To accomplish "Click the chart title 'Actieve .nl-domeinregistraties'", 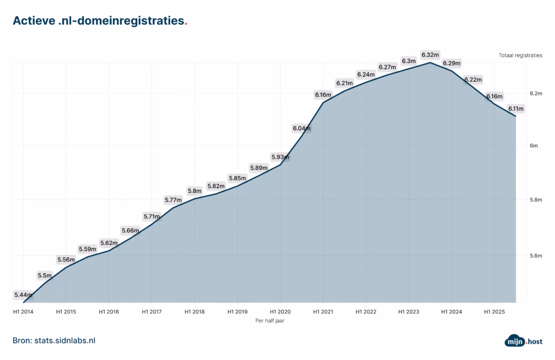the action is click(99, 21).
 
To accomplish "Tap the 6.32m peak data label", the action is click(430, 55).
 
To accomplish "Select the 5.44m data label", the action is click(23, 295).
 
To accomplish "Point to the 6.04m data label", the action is click(301, 128).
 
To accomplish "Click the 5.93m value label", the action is click(280, 157).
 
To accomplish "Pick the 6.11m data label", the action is click(516, 108).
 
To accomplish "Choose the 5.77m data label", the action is click(173, 200).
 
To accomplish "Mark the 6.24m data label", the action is click(366, 74).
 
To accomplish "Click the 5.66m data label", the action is click(130, 230).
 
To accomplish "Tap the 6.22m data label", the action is click(473, 80).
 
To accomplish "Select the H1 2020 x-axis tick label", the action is click(280, 312).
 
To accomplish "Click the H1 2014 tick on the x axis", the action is click(23, 312).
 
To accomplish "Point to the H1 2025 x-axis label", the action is click(494, 312).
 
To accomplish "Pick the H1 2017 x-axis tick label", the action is click(152, 312).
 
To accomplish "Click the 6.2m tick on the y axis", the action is click(536, 93).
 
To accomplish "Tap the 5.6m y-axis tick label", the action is click(536, 255).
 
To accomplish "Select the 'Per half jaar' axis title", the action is click(270, 321).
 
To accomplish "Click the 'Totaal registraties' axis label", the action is click(520, 55).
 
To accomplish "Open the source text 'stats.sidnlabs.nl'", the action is click(65, 340).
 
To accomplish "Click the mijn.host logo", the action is click(524, 341).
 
